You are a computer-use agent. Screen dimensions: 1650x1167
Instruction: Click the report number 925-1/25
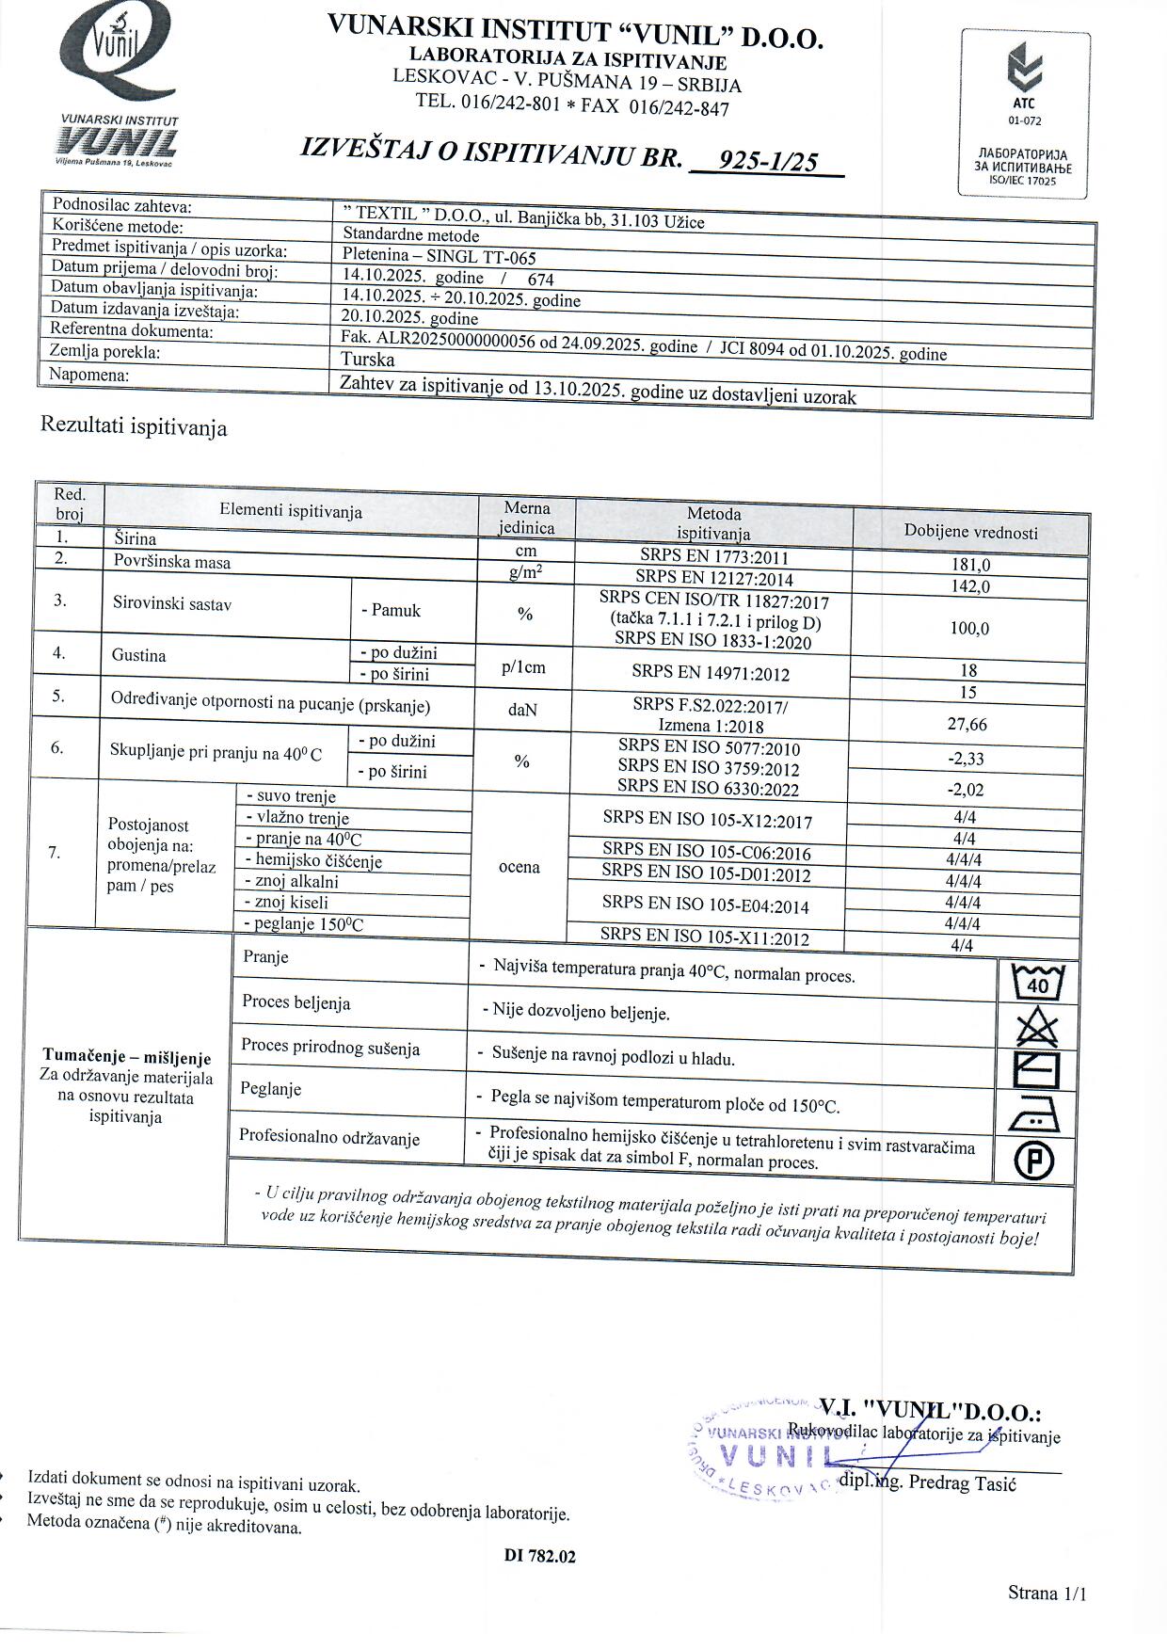point(767,161)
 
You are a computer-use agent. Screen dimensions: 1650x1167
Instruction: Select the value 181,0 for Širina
point(971,566)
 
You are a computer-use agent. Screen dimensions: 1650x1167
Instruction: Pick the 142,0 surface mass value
point(971,586)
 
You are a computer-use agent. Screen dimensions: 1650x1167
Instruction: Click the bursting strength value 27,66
point(968,724)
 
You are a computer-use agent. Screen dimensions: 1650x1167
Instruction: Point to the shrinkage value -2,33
point(967,759)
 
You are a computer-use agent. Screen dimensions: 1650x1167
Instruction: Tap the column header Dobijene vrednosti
point(970,532)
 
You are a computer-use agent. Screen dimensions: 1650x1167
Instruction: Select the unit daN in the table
point(522,710)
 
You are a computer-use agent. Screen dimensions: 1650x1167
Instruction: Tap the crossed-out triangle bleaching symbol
point(1037,1026)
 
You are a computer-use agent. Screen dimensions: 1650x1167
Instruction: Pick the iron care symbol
point(1035,1115)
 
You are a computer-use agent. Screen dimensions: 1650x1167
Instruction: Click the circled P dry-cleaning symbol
point(1034,1161)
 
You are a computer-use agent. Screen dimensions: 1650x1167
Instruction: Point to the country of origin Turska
point(368,360)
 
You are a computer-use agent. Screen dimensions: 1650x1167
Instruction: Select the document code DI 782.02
point(540,1556)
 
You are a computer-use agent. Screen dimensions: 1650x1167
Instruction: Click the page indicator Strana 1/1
point(1047,1593)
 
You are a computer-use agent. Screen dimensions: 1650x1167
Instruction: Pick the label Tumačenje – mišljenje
point(127,1058)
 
